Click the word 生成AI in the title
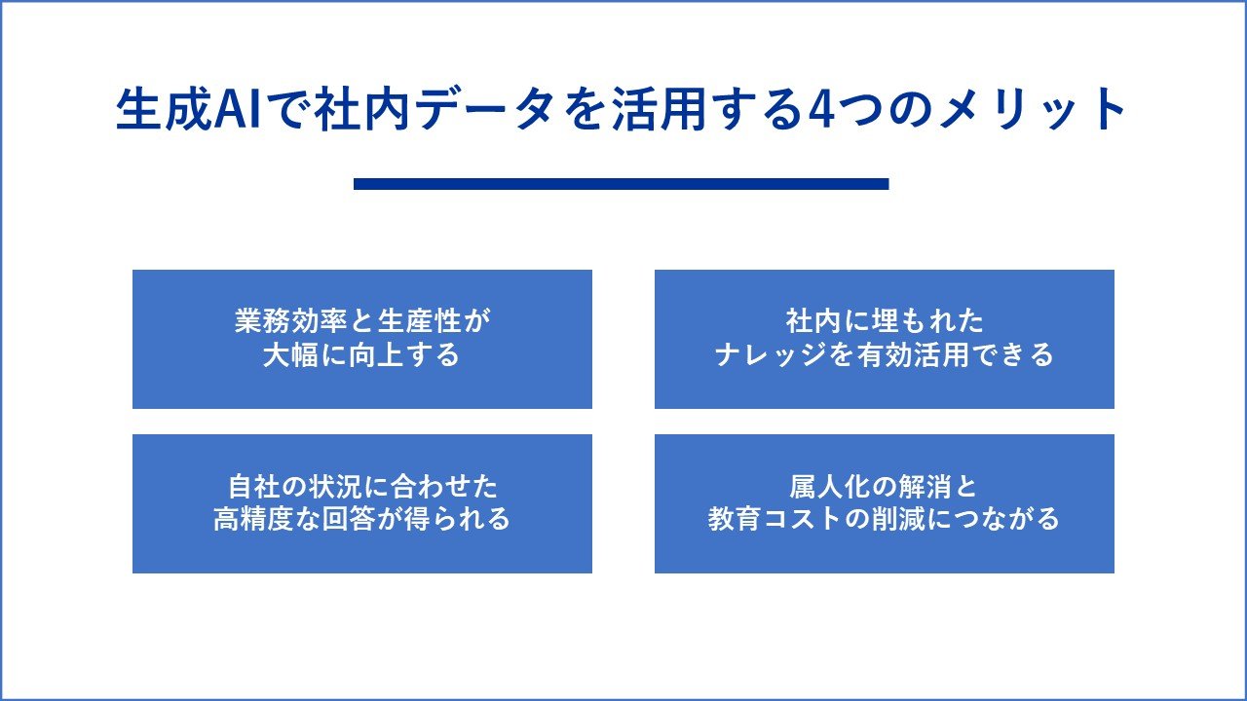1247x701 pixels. pos(189,109)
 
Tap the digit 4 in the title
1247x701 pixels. pos(820,110)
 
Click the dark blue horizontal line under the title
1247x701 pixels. pos(622,184)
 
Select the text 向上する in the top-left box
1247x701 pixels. pos(404,355)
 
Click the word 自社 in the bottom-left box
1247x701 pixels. pos(254,486)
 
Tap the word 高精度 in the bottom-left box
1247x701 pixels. pos(254,519)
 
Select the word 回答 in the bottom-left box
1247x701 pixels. pos(349,519)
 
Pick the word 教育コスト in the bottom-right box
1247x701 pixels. pos(775,519)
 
